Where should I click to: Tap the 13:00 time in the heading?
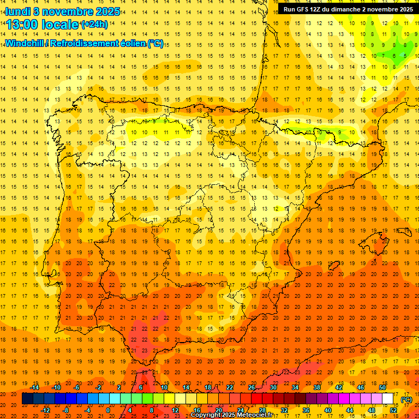pos(23,24)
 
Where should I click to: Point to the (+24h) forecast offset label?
pos(94,25)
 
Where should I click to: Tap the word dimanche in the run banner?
pos(349,9)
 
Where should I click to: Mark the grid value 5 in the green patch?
pos(404,56)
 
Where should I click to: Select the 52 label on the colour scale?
pos(393,410)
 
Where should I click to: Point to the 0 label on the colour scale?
pos(109,410)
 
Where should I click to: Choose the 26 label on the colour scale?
pos(252,387)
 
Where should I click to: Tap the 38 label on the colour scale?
pos(317,387)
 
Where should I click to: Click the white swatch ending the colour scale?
pos(388,399)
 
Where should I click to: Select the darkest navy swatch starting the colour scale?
pos(27,399)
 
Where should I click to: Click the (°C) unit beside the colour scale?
pos(406,399)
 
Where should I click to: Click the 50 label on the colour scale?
pos(382,387)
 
